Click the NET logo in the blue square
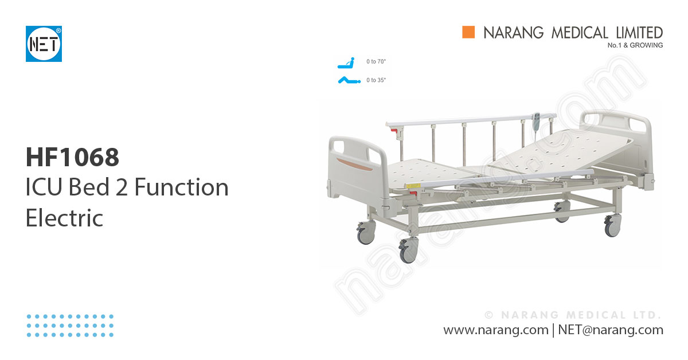[x=44, y=44]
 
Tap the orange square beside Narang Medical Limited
[x=469, y=33]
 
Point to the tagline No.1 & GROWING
[x=635, y=45]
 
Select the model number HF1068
[x=72, y=157]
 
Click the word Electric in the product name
[x=64, y=218]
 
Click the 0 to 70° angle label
[x=376, y=61]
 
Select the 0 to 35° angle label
[x=376, y=80]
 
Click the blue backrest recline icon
[x=345, y=61]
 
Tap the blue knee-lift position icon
[x=347, y=80]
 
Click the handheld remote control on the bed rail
[x=535, y=122]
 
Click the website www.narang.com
[x=495, y=330]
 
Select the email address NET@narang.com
[x=610, y=330]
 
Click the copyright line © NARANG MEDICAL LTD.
[x=573, y=315]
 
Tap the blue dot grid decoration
[x=70, y=325]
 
